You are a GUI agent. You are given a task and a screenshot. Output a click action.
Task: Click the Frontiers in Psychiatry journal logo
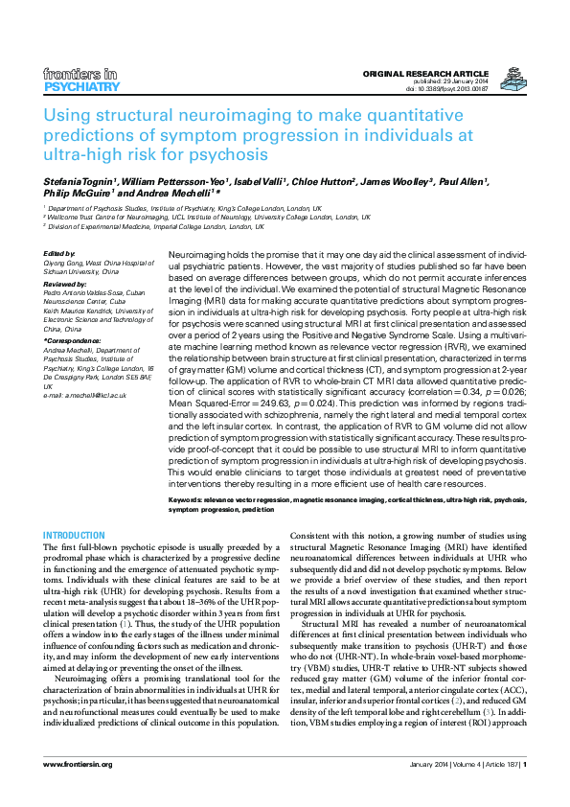[81, 80]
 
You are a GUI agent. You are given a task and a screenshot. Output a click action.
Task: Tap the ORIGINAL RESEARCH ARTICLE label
[426, 74]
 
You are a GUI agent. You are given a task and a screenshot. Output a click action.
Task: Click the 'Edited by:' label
[59, 253]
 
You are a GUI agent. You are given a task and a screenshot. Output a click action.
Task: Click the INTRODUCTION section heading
[75, 535]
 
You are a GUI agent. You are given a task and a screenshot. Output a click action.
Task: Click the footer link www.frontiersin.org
[79, 791]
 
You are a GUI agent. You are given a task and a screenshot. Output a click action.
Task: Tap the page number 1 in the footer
[523, 791]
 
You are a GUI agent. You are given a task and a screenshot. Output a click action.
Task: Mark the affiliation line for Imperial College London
[157, 227]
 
